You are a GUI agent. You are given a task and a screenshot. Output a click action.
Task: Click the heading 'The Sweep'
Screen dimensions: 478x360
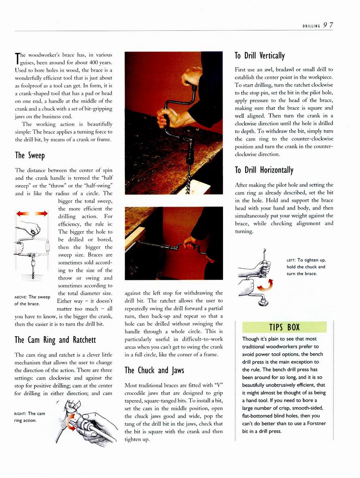30,155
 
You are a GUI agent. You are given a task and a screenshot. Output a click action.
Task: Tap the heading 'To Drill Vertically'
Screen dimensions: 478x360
260,55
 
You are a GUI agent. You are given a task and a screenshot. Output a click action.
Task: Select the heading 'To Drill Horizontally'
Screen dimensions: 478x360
264,170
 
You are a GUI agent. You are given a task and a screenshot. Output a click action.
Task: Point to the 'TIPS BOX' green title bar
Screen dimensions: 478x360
284,327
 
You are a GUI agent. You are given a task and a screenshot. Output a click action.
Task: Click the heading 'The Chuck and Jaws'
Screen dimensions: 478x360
154,370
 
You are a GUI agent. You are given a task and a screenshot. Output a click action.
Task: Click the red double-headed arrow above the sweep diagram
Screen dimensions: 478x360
32,213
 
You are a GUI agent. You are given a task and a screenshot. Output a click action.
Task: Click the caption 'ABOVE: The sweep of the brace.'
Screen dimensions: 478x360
32,300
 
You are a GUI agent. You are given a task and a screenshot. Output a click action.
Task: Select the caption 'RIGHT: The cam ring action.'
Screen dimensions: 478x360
30,417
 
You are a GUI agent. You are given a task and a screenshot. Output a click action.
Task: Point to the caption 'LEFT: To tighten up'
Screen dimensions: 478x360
306,267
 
